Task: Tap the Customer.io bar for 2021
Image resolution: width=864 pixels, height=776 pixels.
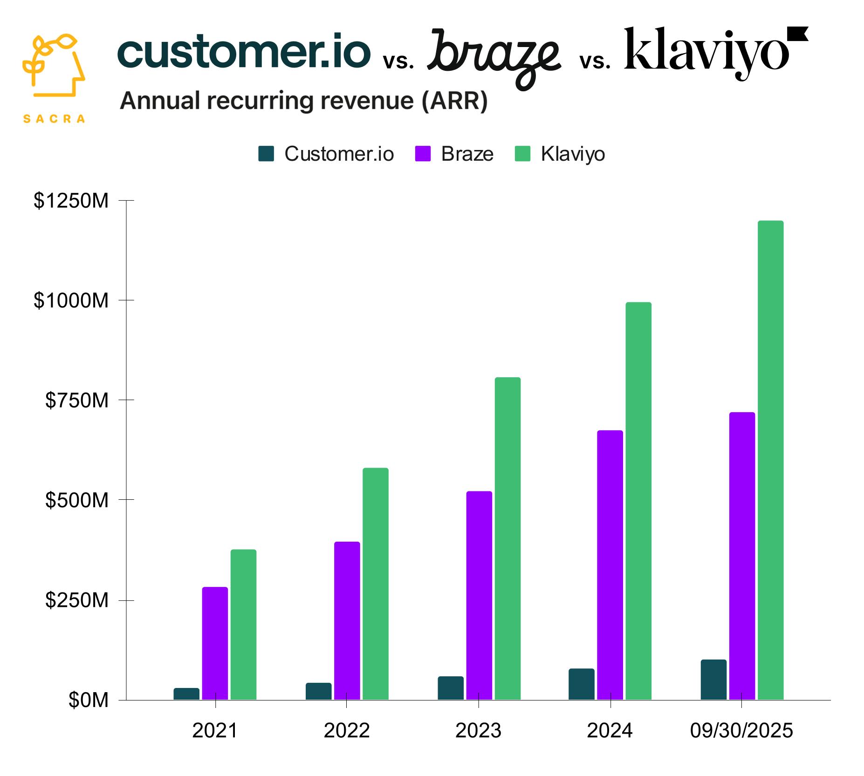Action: click(186, 694)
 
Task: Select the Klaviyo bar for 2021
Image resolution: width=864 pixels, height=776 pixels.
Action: click(243, 624)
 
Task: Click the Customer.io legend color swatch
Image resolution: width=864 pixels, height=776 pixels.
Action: click(266, 154)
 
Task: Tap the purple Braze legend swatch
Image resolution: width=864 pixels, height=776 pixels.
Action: click(423, 154)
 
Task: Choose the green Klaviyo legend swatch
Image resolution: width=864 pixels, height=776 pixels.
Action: click(522, 154)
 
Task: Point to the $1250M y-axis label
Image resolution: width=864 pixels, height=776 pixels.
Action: click(71, 201)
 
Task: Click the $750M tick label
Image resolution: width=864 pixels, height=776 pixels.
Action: click(76, 400)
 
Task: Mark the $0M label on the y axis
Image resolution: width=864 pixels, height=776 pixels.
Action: click(88, 700)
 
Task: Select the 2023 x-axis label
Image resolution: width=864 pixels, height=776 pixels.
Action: click(478, 731)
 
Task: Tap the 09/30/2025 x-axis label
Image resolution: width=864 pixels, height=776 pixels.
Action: click(741, 731)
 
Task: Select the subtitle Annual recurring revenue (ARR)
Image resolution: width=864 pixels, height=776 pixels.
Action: click(303, 101)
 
